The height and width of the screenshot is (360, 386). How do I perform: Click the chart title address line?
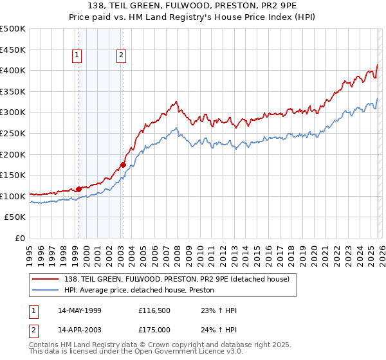coord(193,6)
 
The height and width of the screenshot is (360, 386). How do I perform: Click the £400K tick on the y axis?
coord(13,70)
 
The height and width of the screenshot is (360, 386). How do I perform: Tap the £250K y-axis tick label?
coord(13,133)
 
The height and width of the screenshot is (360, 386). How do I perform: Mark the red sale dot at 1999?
coord(78,189)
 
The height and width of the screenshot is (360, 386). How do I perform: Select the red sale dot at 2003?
coord(123,165)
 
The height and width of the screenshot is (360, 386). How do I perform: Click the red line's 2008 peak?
coord(176,102)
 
